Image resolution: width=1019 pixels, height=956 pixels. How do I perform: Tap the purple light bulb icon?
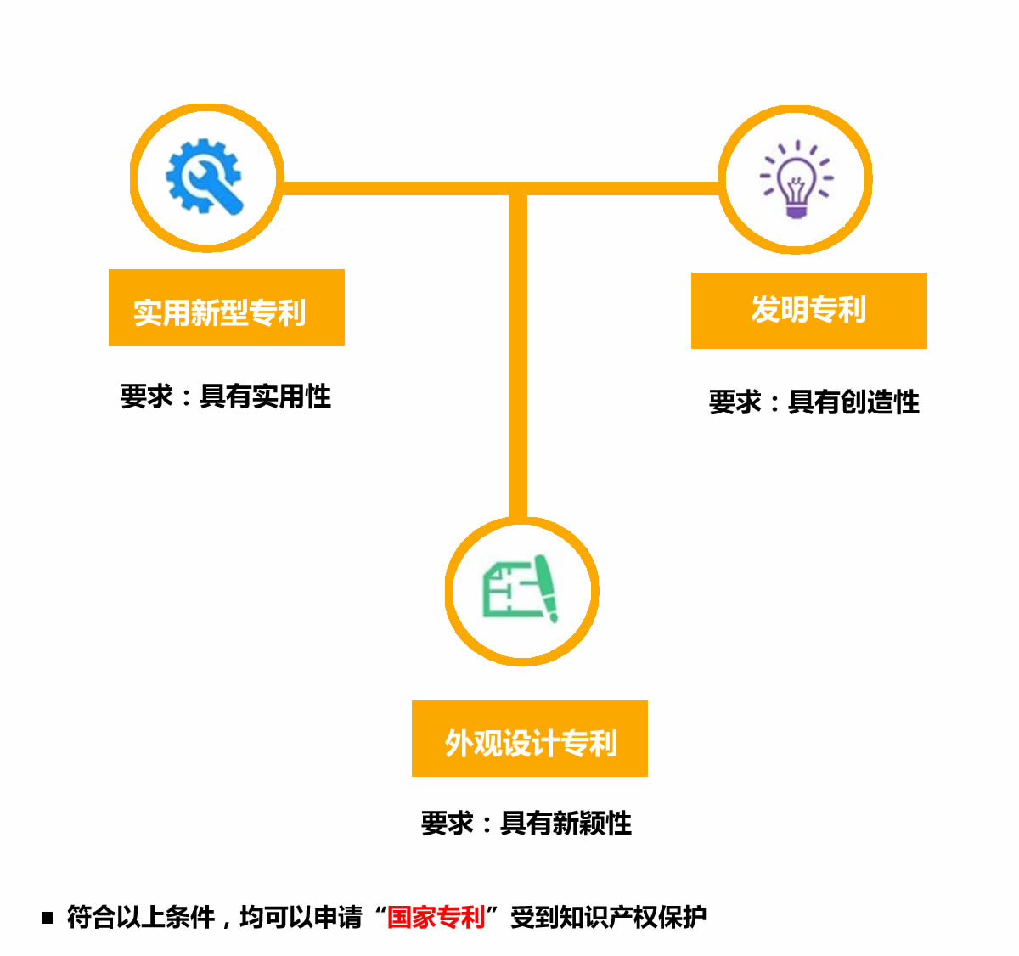coord(796,179)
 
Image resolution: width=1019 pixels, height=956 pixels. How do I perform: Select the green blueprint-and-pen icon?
coord(521,589)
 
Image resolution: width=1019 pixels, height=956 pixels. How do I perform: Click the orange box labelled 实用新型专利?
coord(226,307)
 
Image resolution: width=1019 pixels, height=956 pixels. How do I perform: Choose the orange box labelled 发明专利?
coord(808,310)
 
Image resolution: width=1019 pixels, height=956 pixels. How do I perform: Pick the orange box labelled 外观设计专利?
coord(529,739)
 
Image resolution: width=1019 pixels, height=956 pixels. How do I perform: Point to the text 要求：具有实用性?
coord(225,396)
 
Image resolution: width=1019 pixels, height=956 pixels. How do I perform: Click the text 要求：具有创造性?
coord(814,402)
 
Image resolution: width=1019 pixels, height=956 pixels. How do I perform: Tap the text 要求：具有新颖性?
coord(526,823)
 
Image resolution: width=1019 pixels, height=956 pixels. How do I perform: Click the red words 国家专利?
coord(436,917)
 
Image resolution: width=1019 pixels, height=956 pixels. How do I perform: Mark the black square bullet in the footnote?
coord(48,917)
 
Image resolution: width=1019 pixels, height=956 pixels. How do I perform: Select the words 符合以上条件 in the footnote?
coord(140,917)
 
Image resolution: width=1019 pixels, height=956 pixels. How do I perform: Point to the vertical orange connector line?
coord(518,357)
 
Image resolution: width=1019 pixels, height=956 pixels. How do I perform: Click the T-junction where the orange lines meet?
coord(518,188)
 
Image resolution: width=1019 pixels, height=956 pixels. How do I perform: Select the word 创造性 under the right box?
coord(880,402)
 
